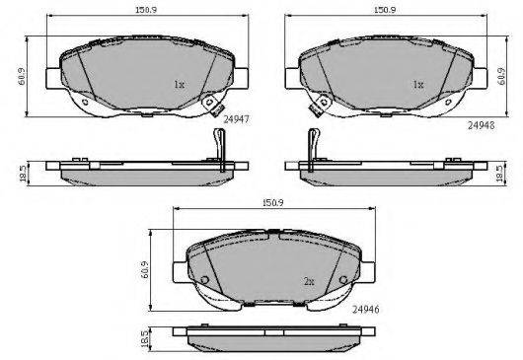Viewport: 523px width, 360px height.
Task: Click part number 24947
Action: click(x=236, y=119)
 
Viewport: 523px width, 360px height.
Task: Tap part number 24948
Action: click(x=481, y=125)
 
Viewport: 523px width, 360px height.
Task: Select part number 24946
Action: click(x=366, y=310)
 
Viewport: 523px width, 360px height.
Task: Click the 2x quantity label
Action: click(x=309, y=282)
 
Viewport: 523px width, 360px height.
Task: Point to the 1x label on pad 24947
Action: click(x=180, y=85)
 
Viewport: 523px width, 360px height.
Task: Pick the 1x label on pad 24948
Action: click(x=418, y=85)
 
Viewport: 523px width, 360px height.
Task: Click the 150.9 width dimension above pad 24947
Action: click(x=146, y=10)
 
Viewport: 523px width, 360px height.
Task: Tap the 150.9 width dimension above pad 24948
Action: click(x=385, y=10)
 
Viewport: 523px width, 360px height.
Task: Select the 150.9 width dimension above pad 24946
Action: click(x=272, y=202)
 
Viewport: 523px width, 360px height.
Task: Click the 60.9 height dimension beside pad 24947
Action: click(x=22, y=76)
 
